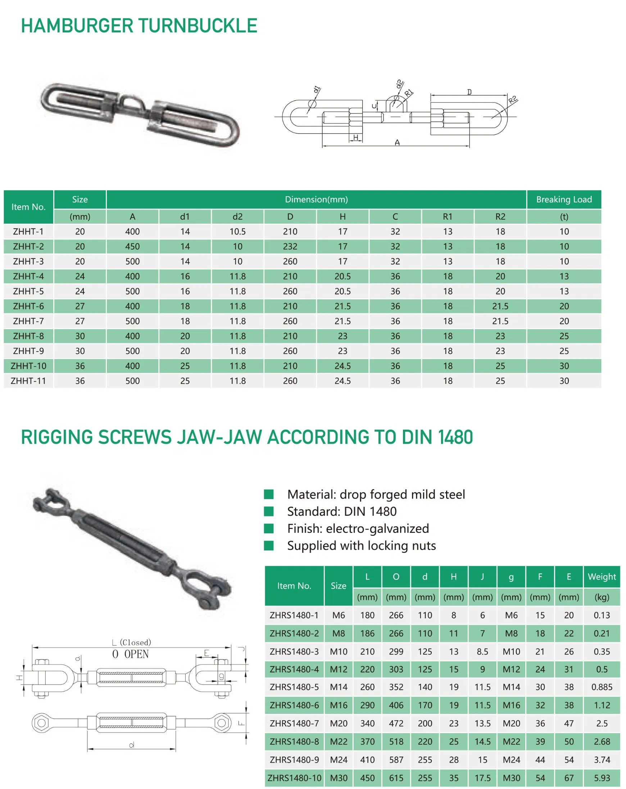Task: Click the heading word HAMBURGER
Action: click(77, 26)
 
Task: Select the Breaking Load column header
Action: click(563, 200)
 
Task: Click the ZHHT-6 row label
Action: click(28, 306)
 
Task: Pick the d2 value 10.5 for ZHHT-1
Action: click(237, 231)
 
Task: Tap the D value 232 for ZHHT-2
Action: click(290, 246)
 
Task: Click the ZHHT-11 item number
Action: click(28, 381)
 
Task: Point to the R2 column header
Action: click(500, 217)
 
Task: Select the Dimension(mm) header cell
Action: click(316, 200)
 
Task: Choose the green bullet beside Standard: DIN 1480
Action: click(269, 511)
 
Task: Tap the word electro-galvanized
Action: click(377, 528)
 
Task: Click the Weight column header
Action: click(602, 577)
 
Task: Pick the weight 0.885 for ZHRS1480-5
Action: click(602, 687)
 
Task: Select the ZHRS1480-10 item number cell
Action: click(294, 778)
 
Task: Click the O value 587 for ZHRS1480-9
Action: click(396, 760)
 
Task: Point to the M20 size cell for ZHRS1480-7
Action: click(339, 723)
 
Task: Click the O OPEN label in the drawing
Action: click(131, 654)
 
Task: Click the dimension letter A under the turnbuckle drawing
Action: click(397, 143)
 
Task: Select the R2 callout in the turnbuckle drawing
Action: click(513, 99)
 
